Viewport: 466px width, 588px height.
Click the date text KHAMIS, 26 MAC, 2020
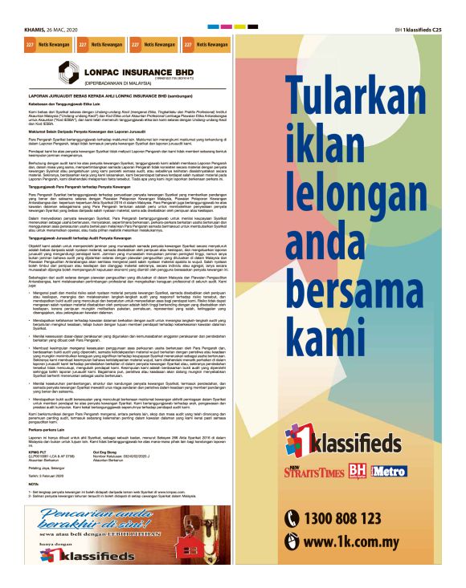point(55,30)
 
